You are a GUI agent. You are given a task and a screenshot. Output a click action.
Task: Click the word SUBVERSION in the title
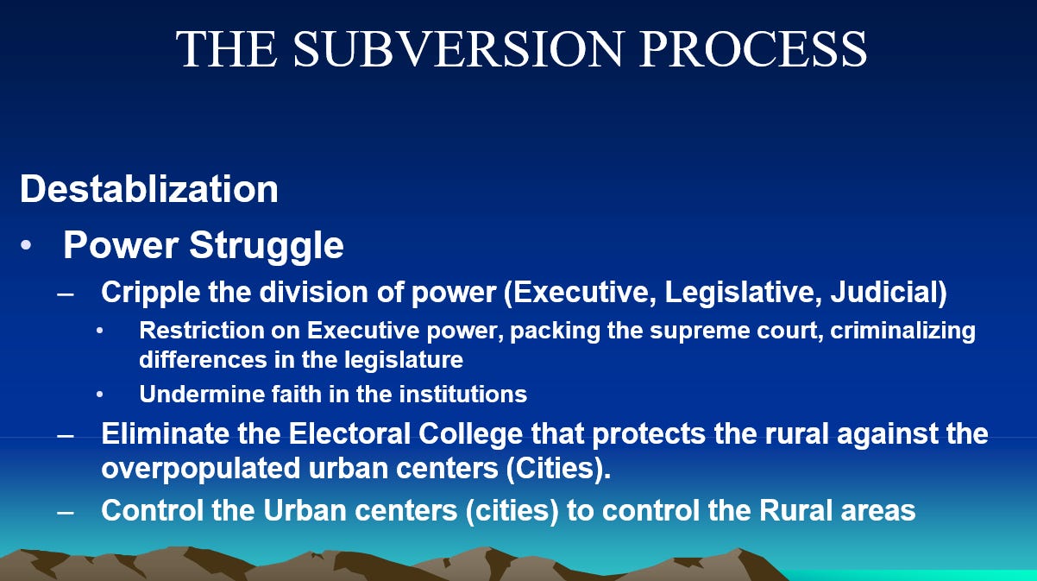coord(459,48)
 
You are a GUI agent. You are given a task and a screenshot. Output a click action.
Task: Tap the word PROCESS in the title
coord(753,48)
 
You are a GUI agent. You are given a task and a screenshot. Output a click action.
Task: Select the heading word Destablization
coord(148,189)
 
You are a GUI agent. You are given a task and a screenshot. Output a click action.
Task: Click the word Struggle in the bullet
coord(267,246)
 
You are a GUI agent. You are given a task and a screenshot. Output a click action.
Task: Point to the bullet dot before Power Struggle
coord(26,245)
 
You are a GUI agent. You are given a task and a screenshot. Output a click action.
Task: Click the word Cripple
coord(150,293)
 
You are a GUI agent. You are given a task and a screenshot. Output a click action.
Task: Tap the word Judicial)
coord(889,293)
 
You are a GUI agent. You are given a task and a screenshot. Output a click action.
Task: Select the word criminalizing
coord(902,331)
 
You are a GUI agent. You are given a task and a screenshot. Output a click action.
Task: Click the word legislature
coord(403,360)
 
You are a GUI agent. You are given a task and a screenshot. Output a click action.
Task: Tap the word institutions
coord(463,395)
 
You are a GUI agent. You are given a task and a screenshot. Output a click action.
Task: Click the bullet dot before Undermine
coord(100,395)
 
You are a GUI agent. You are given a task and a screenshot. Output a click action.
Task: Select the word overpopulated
coord(201,469)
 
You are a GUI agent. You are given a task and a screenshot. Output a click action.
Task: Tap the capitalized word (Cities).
coord(558,469)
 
